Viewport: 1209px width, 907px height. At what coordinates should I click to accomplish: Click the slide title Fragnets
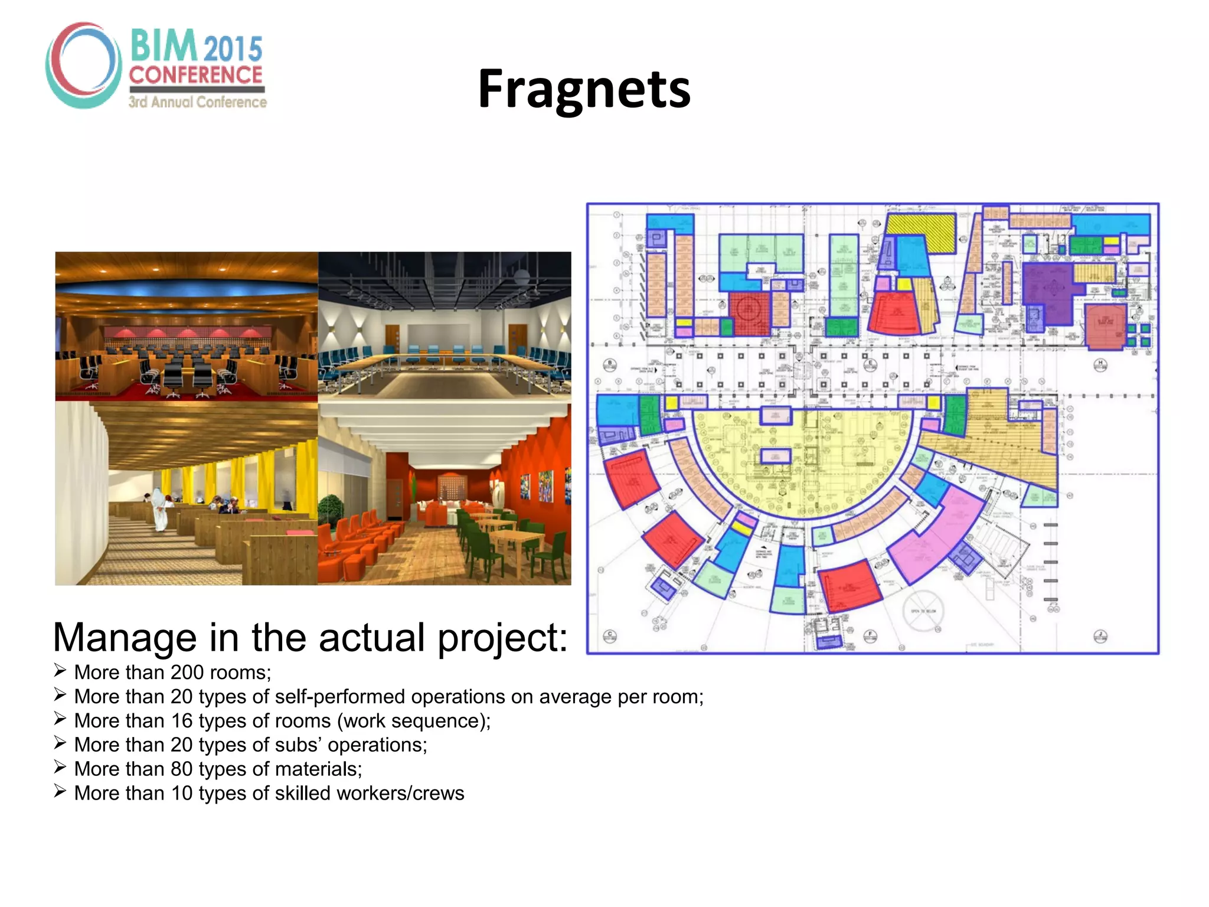(584, 89)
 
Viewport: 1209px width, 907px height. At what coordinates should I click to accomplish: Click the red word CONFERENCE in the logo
(195, 75)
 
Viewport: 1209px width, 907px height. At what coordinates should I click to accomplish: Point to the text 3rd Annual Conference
(198, 102)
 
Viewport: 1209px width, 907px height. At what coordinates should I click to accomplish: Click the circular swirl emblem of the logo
(83, 65)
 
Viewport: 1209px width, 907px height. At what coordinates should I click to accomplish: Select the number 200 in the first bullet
(187, 673)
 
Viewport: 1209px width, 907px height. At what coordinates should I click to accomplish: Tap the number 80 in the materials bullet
(182, 769)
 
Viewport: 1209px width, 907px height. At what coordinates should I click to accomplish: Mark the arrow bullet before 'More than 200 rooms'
(60, 671)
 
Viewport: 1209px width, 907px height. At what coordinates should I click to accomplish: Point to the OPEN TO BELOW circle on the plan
(923, 612)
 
